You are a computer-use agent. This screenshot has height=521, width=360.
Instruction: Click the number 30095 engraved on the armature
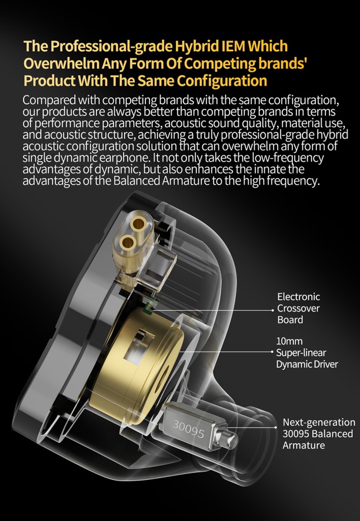tap(188, 428)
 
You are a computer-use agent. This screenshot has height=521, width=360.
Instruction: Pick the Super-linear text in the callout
tap(301, 352)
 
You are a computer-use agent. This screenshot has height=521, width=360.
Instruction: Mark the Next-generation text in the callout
tap(319, 422)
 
